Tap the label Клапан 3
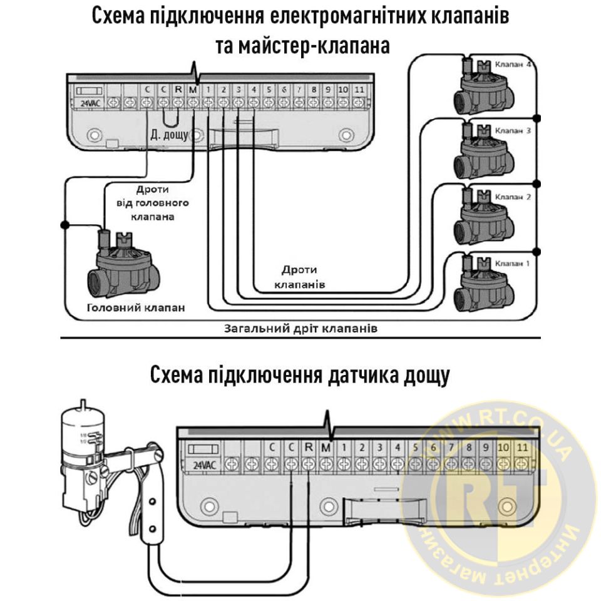tap(513, 131)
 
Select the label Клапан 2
tap(513, 197)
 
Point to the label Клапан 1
tap(513, 264)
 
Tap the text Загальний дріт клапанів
tap(300, 328)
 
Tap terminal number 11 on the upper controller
tap(359, 89)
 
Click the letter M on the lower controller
tap(325, 448)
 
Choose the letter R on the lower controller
tap(308, 448)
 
